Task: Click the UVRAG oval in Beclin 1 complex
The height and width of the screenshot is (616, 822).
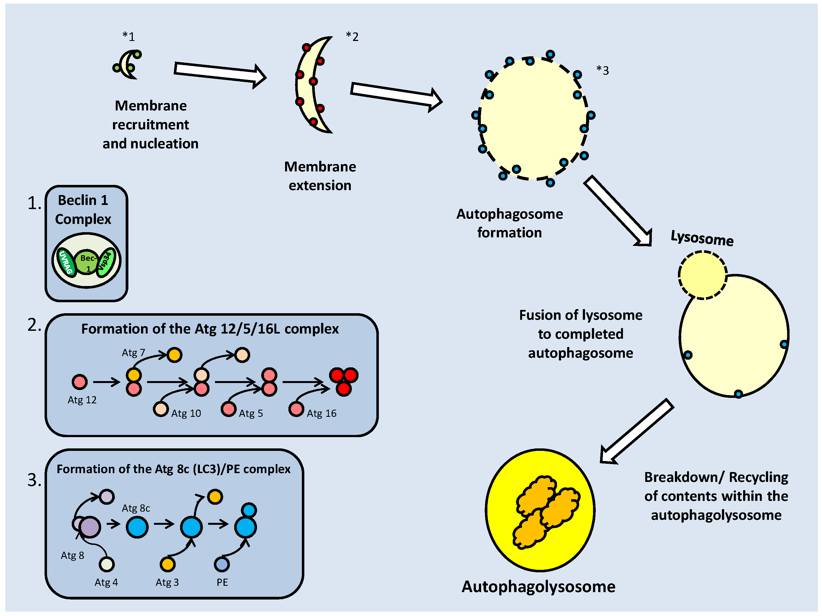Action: coord(67,262)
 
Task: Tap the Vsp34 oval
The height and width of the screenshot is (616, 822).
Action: coord(106,262)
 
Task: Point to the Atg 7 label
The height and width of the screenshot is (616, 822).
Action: coord(133,353)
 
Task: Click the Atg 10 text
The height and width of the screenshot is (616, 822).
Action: coord(186,414)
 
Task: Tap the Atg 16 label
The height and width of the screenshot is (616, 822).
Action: coord(321,414)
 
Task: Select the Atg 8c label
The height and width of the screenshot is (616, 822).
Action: coord(136,508)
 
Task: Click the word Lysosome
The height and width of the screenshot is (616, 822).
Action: coord(702,238)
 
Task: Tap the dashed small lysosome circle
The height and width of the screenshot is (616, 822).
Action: coord(702,275)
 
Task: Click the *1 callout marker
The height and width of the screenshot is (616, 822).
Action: coord(129,36)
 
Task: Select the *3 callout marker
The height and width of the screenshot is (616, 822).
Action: coord(602,70)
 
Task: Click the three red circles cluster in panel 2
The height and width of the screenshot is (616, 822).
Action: coord(344,382)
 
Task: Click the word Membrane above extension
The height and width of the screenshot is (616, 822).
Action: coord(320,167)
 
